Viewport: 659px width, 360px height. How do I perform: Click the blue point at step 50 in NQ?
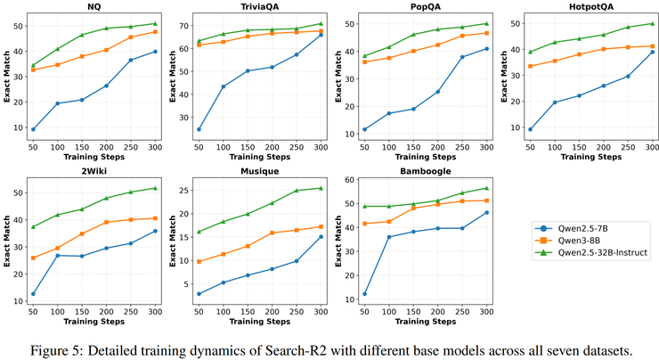(x=33, y=129)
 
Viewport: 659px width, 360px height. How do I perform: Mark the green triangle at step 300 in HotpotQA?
(x=651, y=24)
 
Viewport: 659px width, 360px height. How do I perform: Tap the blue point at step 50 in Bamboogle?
(x=363, y=294)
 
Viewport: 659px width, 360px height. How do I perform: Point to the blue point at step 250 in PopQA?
(x=461, y=57)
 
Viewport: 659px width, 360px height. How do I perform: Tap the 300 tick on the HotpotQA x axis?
(x=651, y=144)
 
